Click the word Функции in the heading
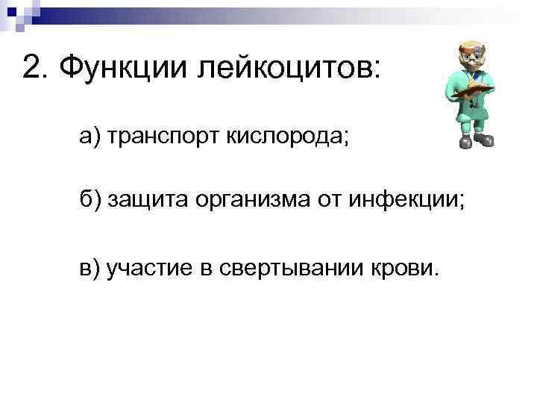click(125, 69)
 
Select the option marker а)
click(91, 137)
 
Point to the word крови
click(406, 267)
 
